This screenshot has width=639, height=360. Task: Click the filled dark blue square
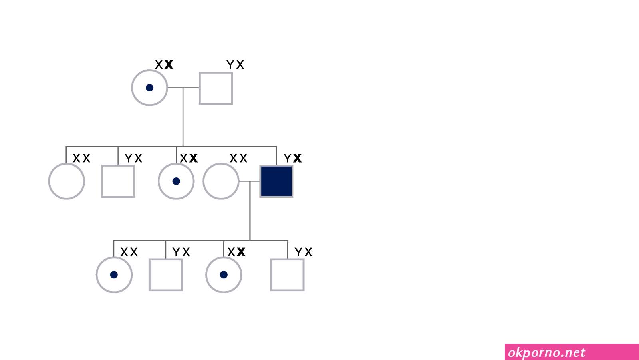(276, 181)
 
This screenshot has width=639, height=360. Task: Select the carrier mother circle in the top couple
(132, 88)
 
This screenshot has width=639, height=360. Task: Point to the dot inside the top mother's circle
(149, 88)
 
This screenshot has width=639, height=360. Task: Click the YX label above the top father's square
(235, 64)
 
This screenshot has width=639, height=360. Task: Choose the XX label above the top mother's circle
(164, 64)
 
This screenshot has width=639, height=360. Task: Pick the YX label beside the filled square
(292, 158)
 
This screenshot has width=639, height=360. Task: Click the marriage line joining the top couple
(183, 88)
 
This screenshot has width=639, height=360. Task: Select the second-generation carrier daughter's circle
(159, 181)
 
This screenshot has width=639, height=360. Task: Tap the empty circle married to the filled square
(203, 181)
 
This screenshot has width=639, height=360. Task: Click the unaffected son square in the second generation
(102, 181)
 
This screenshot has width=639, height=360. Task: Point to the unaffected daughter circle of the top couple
(49, 181)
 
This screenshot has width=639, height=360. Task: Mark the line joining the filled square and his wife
(249, 181)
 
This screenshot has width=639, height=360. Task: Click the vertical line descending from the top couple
(183, 117)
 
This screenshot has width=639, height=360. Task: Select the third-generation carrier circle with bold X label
(206, 274)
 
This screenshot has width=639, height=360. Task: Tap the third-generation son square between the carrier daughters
(149, 274)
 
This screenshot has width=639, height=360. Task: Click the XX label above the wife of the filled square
(238, 158)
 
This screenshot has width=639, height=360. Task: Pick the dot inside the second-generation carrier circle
(176, 181)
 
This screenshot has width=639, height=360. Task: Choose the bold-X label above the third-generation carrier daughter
(236, 252)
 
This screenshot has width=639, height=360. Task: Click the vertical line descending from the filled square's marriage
(250, 211)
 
